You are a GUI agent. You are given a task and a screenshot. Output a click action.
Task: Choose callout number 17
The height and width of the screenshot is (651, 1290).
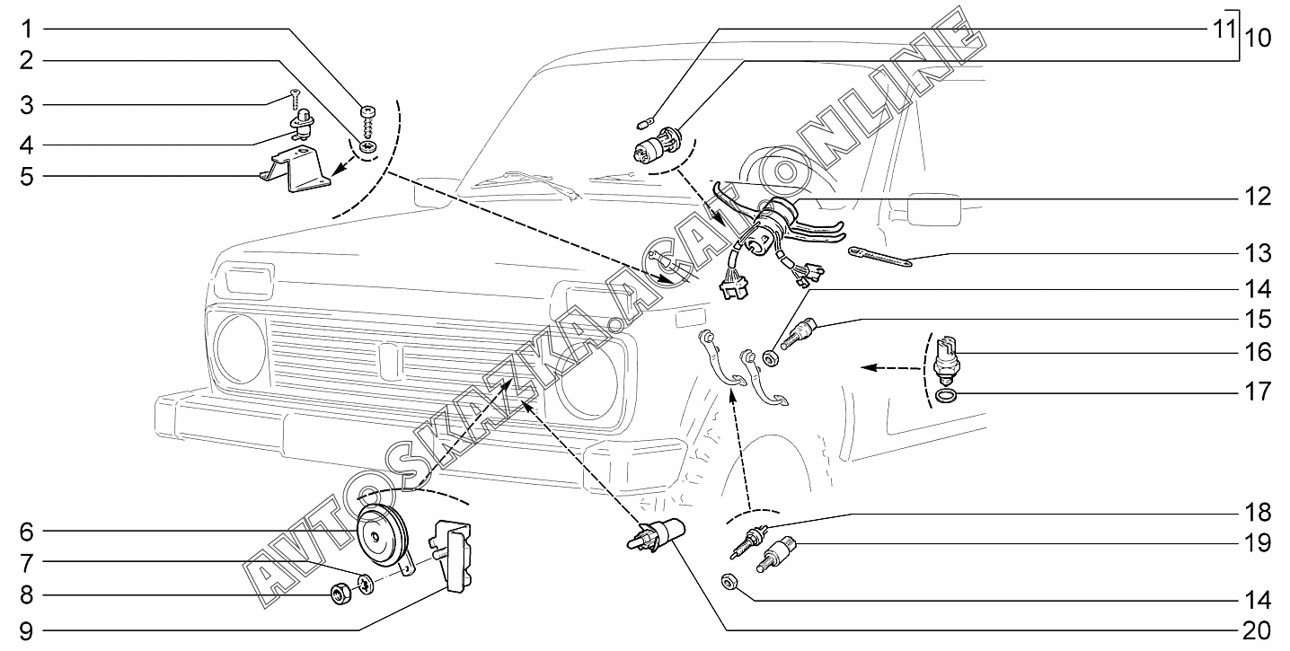[1258, 392]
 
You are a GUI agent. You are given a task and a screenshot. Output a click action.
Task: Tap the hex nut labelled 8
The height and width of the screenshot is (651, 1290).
[340, 594]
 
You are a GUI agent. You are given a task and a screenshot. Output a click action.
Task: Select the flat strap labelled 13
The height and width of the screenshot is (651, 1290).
[879, 258]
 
